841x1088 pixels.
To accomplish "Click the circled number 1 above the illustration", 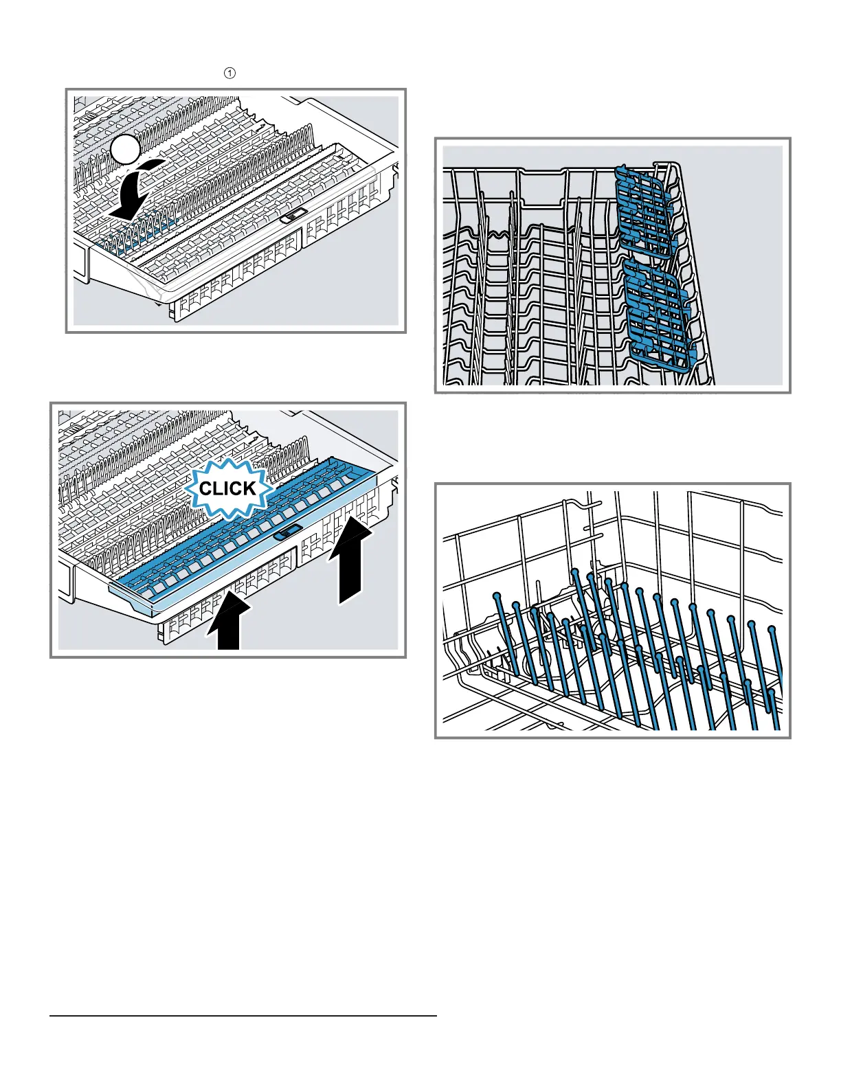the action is [229, 73].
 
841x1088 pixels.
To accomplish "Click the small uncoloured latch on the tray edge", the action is [293, 216].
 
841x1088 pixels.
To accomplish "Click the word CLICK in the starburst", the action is [228, 488].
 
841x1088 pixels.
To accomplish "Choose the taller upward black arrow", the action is [350, 560].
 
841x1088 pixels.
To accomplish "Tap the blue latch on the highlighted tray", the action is [287, 532].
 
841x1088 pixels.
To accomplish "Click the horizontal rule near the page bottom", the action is [243, 1016].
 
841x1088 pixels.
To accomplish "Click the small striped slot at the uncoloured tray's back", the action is [89, 115].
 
